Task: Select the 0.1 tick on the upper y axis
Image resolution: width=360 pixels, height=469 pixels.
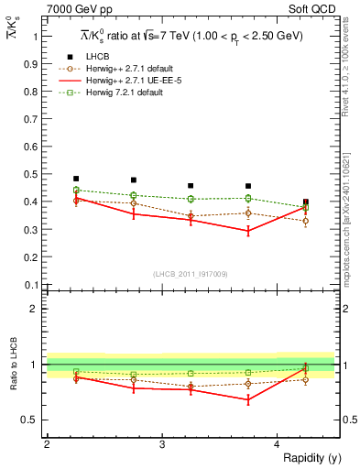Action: [32, 285]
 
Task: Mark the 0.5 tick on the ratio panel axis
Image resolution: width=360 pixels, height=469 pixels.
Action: [32, 420]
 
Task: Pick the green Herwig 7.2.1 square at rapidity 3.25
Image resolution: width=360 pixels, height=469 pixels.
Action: [191, 199]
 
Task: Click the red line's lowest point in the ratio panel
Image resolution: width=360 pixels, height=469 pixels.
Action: [248, 399]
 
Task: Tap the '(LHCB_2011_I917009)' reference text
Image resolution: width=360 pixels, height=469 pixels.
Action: [190, 274]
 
